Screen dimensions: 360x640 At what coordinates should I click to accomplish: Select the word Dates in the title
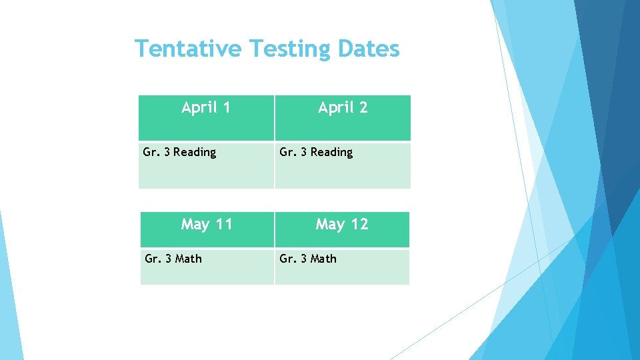click(369, 49)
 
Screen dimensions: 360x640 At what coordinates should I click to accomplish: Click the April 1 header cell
click(206, 117)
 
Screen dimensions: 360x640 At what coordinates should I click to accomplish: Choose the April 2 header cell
click(343, 117)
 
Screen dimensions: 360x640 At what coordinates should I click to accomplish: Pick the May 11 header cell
click(207, 230)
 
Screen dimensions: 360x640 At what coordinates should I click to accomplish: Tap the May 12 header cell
click(342, 230)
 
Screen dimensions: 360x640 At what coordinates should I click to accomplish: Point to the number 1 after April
click(227, 107)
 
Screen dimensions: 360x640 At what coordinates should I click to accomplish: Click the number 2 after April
click(363, 107)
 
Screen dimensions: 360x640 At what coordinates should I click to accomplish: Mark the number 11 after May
click(224, 224)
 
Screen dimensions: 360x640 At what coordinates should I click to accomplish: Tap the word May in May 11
click(195, 225)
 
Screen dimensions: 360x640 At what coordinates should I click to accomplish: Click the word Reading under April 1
click(195, 153)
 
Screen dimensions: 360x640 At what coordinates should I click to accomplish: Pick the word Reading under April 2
click(331, 153)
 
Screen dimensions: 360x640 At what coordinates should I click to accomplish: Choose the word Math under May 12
click(323, 259)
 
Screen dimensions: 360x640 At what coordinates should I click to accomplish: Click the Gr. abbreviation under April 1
click(150, 152)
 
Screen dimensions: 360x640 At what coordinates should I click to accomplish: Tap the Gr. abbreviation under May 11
click(152, 259)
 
